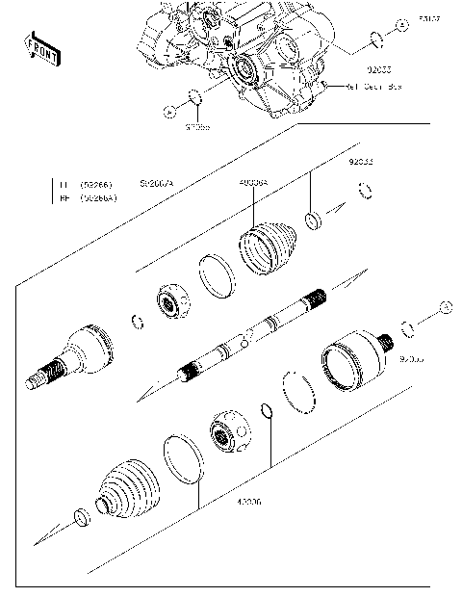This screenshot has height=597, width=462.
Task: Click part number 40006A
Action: click(x=252, y=181)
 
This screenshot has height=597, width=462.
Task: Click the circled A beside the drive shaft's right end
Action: click(x=445, y=307)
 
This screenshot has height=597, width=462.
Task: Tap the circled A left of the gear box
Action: click(x=169, y=111)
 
